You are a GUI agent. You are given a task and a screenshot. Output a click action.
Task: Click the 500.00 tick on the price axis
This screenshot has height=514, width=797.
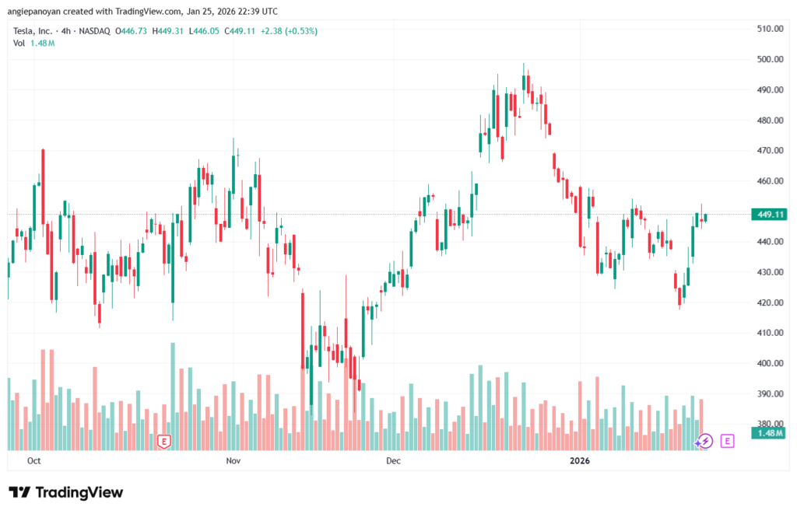click(x=769, y=59)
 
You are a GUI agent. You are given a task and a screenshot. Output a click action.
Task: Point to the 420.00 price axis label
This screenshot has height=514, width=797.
click(x=769, y=302)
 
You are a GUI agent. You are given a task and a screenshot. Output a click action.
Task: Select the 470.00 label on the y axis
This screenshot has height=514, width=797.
click(x=769, y=150)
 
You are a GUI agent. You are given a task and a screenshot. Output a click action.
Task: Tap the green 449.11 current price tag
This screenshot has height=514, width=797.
click(x=769, y=215)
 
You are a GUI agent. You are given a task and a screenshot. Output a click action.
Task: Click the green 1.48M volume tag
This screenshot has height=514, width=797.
click(x=769, y=432)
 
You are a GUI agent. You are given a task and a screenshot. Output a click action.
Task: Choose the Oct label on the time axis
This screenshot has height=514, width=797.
click(x=33, y=461)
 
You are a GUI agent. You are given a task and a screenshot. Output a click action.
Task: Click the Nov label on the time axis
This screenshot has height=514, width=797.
click(x=233, y=461)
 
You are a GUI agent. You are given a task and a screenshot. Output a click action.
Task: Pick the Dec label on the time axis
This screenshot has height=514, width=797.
click(x=393, y=461)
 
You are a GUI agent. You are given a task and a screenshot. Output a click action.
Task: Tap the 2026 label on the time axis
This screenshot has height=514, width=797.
click(x=580, y=461)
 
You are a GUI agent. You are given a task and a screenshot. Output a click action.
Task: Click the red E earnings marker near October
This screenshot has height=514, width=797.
click(x=163, y=441)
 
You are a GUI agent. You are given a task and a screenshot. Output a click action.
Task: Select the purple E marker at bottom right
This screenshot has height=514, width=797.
click(x=728, y=441)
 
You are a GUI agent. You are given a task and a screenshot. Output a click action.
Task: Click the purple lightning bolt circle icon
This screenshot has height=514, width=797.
click(x=704, y=441)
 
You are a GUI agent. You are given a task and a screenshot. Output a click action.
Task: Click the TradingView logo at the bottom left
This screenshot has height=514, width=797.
click(x=65, y=492)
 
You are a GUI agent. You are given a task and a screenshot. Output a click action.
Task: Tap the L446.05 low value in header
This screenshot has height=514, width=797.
click(x=206, y=31)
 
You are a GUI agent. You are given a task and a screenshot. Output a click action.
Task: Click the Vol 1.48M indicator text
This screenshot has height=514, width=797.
click(x=33, y=43)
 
